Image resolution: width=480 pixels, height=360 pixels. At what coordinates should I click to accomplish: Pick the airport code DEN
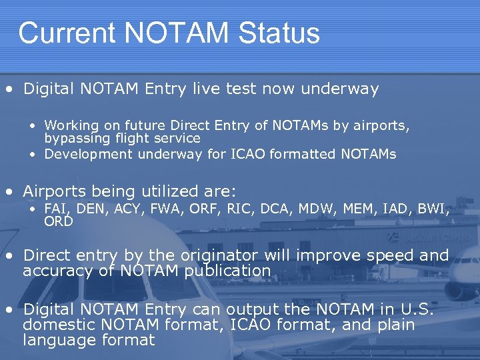90,210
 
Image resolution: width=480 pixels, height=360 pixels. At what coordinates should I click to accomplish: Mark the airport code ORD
58,221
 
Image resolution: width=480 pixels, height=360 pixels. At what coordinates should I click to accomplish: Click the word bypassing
75,139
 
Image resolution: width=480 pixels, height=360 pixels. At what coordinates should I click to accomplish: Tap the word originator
198,256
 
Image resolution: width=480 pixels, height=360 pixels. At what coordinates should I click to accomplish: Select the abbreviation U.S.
418,309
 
